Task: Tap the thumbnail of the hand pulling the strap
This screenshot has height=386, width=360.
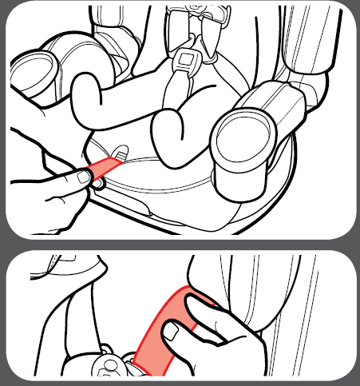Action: pyautogui.click(x=83, y=177)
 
